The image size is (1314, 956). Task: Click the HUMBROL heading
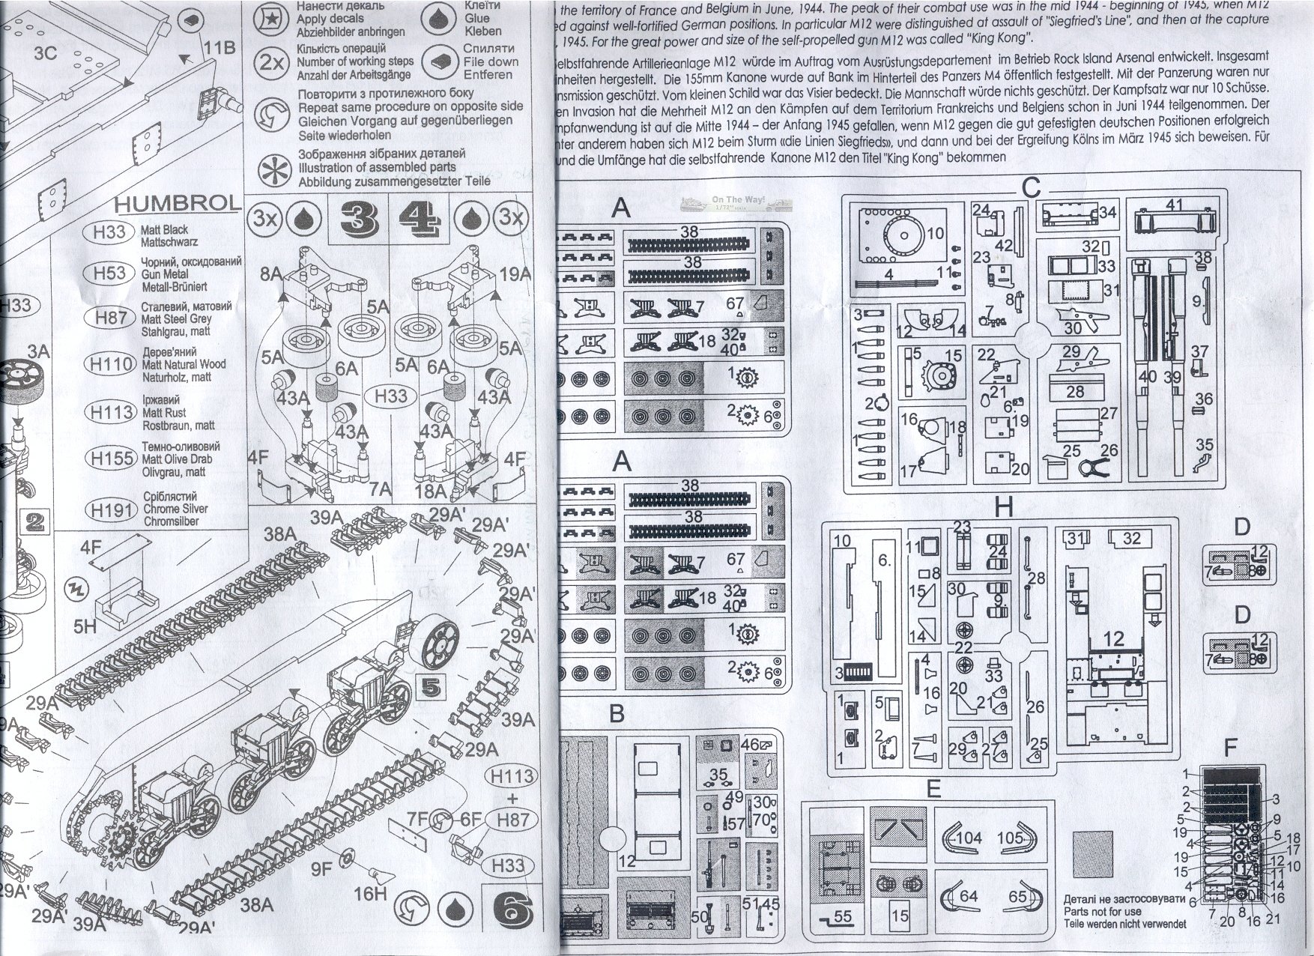tap(178, 203)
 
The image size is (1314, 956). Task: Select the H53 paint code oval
tap(110, 273)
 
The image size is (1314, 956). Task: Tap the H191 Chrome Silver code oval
tap(111, 509)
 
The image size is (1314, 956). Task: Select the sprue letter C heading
tap(1032, 187)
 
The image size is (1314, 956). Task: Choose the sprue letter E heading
tap(933, 788)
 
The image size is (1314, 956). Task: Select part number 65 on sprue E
tap(1017, 896)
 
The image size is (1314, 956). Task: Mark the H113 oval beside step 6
tap(513, 776)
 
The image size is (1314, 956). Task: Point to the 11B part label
tap(219, 47)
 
